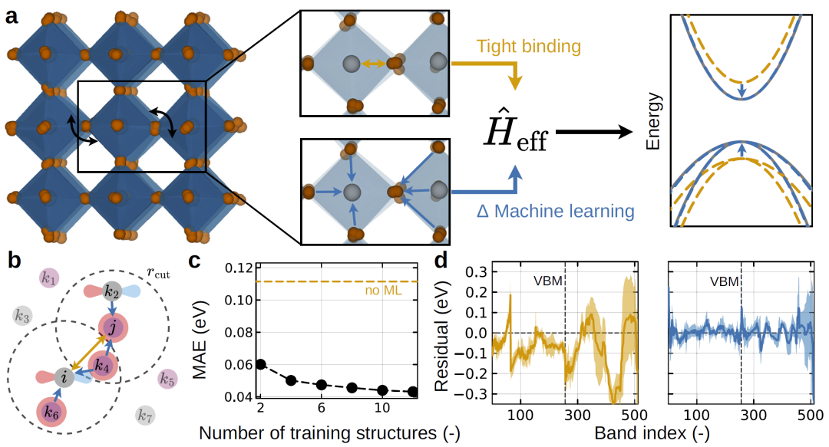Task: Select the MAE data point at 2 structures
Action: tap(261, 363)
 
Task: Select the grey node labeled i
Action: tap(64, 377)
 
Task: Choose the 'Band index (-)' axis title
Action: tap(652, 432)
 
